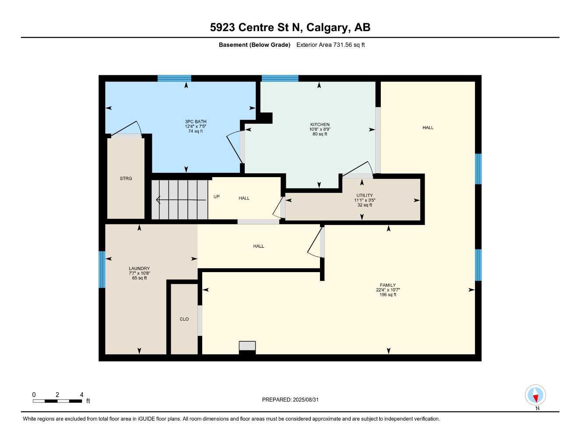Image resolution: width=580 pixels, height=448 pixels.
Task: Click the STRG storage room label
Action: (126, 178)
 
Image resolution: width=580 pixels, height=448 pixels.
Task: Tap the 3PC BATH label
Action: (195, 122)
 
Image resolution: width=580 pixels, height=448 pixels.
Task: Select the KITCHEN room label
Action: (320, 125)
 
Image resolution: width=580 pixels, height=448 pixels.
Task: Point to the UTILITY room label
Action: (365, 196)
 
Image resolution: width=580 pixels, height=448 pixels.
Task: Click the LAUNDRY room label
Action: (139, 269)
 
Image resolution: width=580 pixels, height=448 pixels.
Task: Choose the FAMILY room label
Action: (388, 285)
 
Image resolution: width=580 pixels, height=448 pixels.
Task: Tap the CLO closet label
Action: (184, 319)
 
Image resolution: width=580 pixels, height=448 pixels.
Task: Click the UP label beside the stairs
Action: (216, 197)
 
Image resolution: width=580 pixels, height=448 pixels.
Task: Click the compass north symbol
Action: (535, 395)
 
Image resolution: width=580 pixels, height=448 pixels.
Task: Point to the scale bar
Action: (57, 401)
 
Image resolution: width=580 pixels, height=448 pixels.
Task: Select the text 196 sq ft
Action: (388, 295)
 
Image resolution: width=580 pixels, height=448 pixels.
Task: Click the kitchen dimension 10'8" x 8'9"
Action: (320, 129)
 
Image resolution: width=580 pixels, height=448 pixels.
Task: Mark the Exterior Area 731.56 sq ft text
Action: (330, 45)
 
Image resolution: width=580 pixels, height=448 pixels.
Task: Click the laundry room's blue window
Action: (102, 269)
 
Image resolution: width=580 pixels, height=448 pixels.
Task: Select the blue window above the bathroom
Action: (174, 79)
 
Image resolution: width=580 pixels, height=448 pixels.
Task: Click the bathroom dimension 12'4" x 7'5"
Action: (195, 126)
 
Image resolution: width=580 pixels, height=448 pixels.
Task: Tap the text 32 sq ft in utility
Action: (365, 205)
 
